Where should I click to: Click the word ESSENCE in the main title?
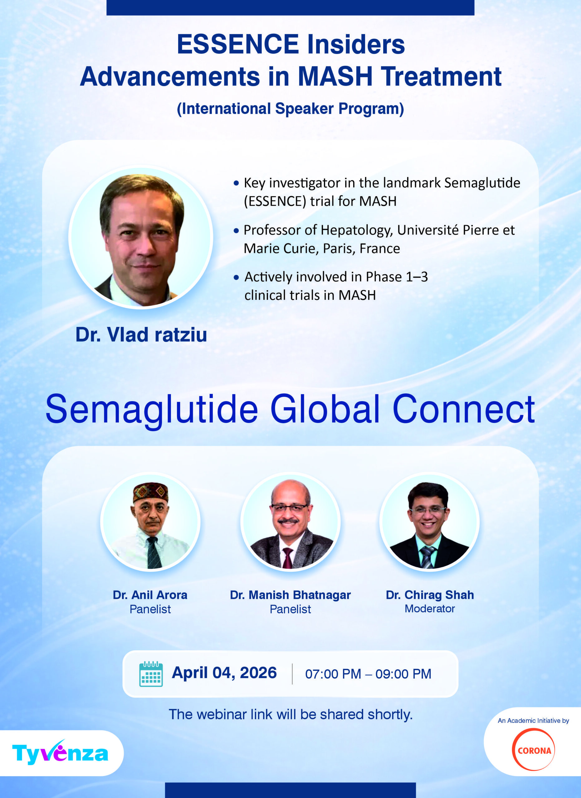pyautogui.click(x=238, y=44)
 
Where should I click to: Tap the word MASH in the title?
pyautogui.click(x=335, y=76)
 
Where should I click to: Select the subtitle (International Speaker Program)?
pyautogui.click(x=290, y=109)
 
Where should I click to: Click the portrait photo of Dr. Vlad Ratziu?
pyautogui.click(x=141, y=237)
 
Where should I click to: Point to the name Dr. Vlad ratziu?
pyautogui.click(x=141, y=334)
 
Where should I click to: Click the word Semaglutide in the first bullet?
pyautogui.click(x=482, y=183)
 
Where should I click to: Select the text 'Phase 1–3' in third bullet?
pyautogui.click(x=397, y=277)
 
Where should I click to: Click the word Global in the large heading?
pyautogui.click(x=325, y=409)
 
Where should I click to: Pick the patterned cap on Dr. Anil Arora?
pyautogui.click(x=150, y=492)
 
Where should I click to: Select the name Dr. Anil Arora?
pyautogui.click(x=150, y=595)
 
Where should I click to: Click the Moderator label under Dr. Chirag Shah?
pyautogui.click(x=430, y=609)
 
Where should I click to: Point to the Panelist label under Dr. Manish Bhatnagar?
pyautogui.click(x=290, y=609)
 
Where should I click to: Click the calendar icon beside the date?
pyautogui.click(x=151, y=674)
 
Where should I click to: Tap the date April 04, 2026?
pyautogui.click(x=224, y=673)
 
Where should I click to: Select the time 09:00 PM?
pyautogui.click(x=403, y=674)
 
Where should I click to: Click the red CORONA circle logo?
pyautogui.click(x=534, y=750)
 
